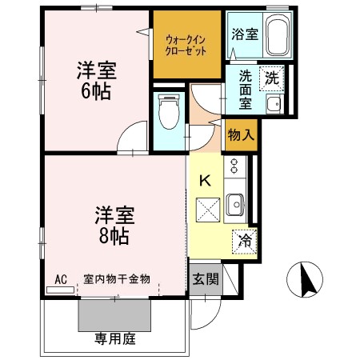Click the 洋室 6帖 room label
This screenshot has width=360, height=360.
95,79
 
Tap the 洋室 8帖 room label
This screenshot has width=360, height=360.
114,225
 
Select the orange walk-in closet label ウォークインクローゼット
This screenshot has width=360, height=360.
186,44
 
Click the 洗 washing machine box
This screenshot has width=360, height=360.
272,78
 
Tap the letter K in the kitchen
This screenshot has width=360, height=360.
204,180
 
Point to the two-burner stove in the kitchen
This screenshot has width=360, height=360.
234,167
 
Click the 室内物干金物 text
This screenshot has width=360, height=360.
117,279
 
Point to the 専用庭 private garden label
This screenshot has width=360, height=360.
111,338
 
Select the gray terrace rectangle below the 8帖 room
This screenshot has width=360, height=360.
114,315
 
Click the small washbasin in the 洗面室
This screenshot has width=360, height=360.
272,103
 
